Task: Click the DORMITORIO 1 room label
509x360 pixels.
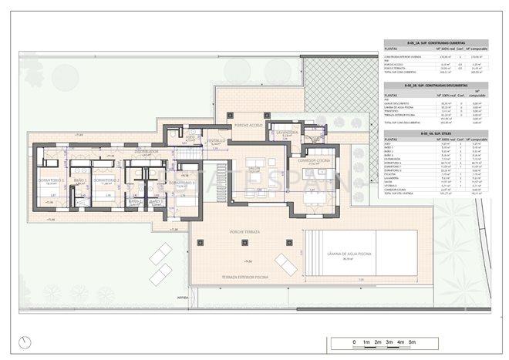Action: click(52, 180)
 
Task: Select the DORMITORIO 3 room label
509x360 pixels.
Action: click(180, 182)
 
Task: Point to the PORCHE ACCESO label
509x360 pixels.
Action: click(251, 123)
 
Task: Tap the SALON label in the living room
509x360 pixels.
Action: click(254, 167)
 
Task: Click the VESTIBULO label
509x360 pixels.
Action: click(216, 141)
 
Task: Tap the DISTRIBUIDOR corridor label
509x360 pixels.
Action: click(146, 152)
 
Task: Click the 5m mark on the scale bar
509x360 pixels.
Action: click(413, 341)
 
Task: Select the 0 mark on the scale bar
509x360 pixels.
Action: click(354, 341)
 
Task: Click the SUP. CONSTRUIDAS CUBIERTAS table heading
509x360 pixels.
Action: click(436, 43)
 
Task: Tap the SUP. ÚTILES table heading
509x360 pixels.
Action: click(436, 133)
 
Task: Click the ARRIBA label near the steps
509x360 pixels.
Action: click(183, 295)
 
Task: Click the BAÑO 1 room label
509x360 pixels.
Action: click(80, 180)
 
